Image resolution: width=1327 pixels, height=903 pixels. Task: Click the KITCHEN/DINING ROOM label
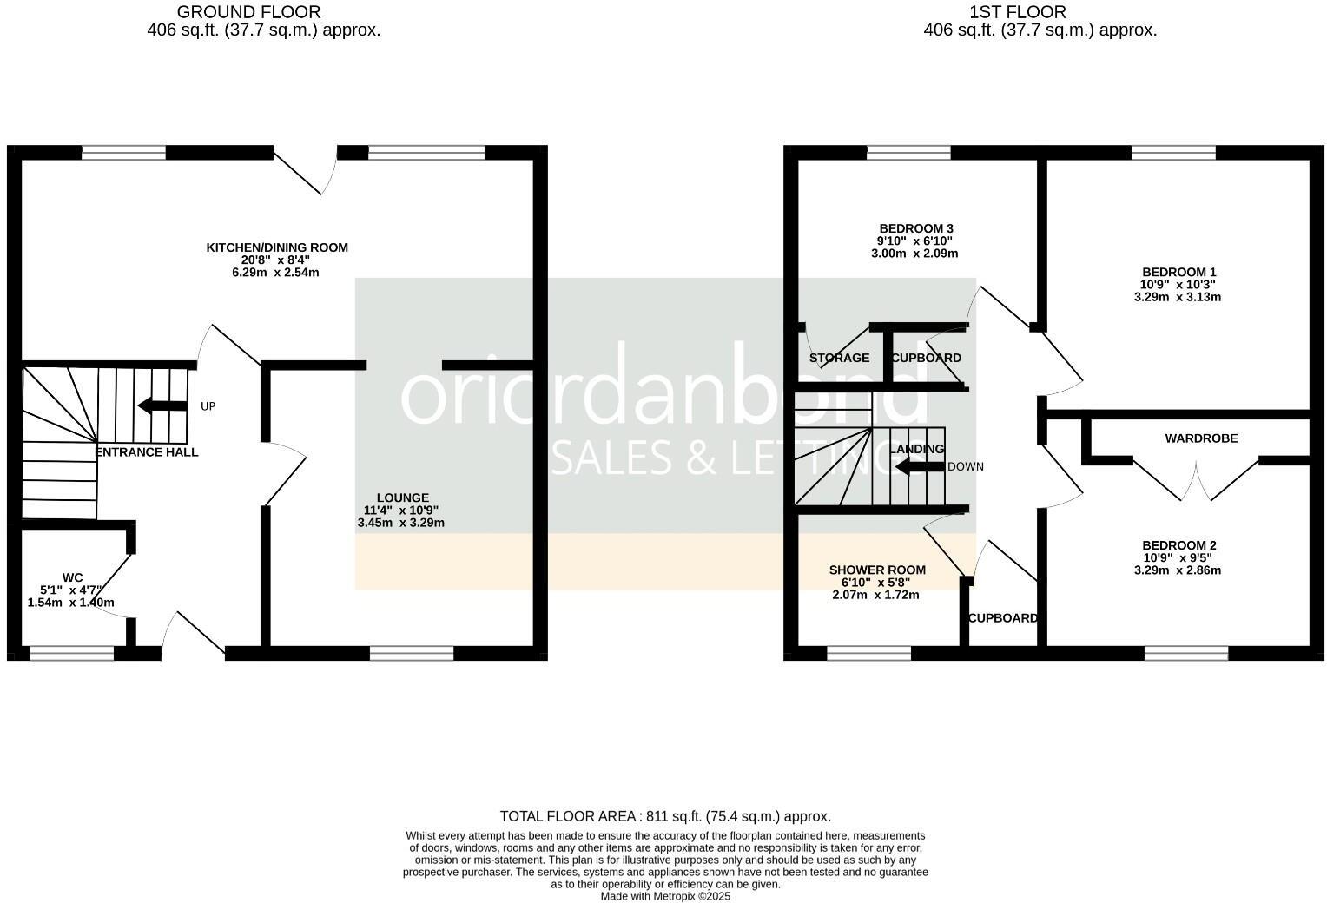[x=276, y=247]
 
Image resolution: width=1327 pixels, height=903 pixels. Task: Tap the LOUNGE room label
[x=402, y=498]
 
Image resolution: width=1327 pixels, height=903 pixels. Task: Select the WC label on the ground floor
[x=72, y=577]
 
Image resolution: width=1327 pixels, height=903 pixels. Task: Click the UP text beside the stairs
[x=208, y=406]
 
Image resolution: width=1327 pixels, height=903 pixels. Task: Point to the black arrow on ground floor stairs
[x=162, y=405]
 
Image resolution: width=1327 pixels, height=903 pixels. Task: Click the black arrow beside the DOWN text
[x=919, y=467]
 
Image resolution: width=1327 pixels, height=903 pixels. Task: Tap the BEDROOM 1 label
[x=1178, y=272]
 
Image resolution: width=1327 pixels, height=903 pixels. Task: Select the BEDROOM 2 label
[x=1178, y=545]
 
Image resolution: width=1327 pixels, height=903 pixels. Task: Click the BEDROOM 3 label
[x=915, y=228]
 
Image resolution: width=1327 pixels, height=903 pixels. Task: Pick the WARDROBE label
[x=1201, y=438]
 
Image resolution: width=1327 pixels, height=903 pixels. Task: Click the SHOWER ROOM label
[x=877, y=570]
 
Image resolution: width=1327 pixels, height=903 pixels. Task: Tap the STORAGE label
[x=839, y=358]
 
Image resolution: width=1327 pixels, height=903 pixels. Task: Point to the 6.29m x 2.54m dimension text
[x=275, y=273]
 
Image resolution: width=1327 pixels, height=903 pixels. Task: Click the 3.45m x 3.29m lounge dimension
[x=400, y=523]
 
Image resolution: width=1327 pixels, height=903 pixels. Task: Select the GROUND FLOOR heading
[x=248, y=12]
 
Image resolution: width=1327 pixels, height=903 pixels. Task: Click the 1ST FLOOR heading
[x=1018, y=12]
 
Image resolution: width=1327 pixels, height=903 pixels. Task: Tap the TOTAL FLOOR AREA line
[x=665, y=816]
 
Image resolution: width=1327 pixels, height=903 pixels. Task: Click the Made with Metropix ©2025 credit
[x=665, y=896]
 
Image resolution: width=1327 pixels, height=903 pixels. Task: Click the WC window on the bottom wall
[x=72, y=654]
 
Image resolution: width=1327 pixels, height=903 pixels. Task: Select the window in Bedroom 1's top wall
[x=1173, y=153]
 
